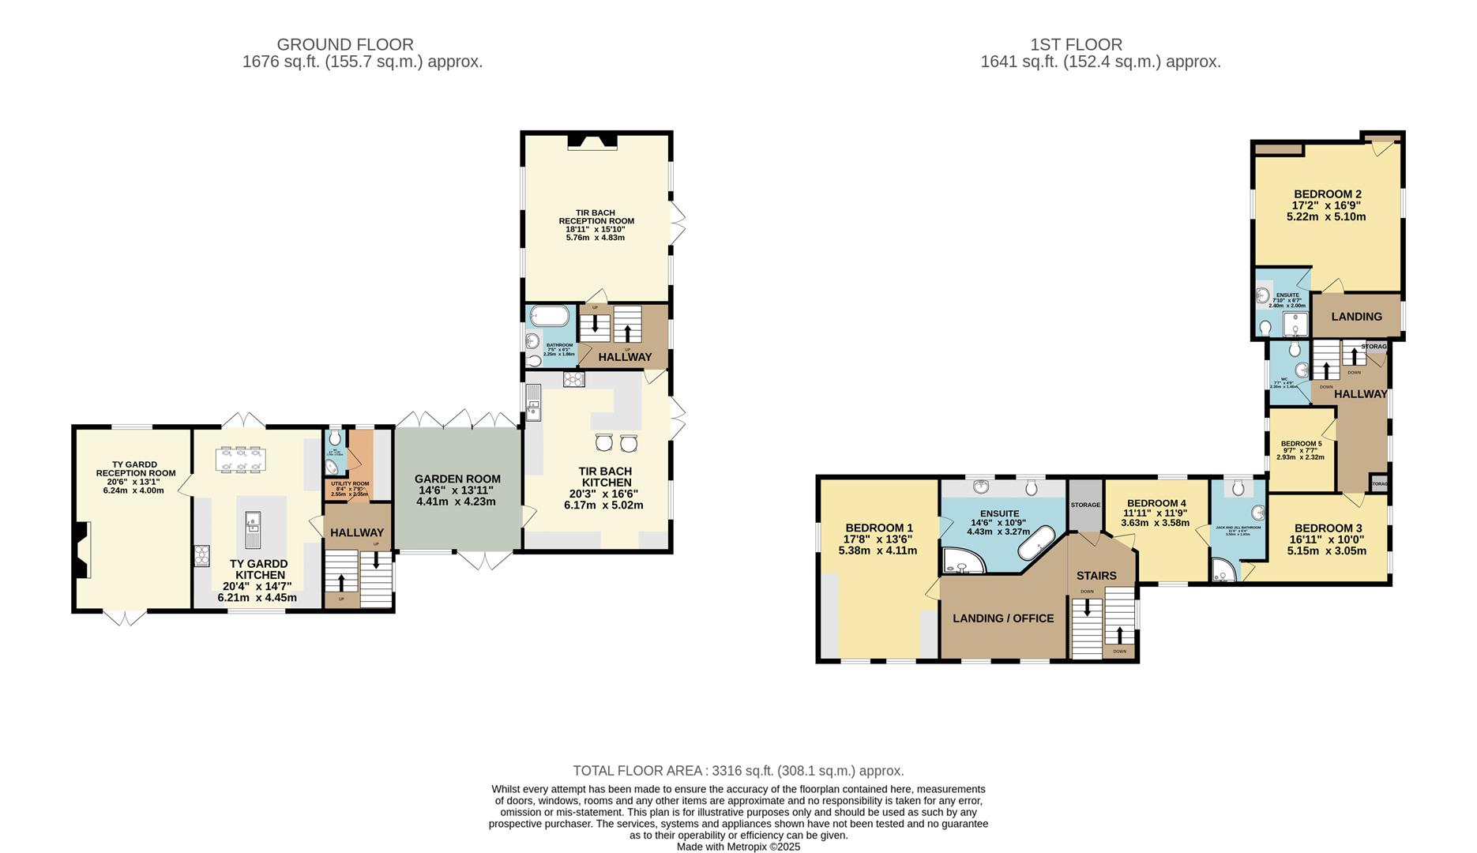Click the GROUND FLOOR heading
345,45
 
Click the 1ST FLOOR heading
1076,45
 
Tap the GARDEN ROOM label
457,479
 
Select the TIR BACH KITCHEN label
606,476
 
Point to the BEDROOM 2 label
1327,194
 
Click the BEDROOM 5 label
1301,444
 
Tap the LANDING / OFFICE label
1003,618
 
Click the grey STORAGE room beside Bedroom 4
1085,505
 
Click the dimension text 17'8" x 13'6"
879,539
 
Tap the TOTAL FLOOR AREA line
738,771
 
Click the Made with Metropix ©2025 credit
738,847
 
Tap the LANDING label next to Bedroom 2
1356,317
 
